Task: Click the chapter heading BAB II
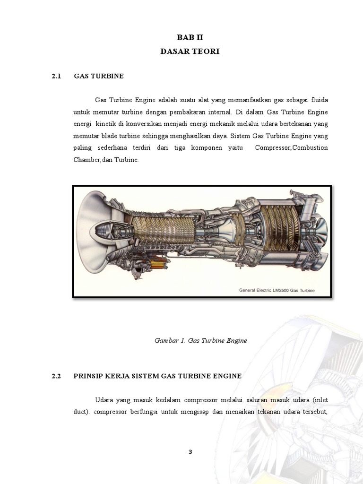pos(190,37)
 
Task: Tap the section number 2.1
pos(57,76)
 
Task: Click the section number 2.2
pos(57,376)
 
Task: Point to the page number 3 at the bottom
pos(190,451)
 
